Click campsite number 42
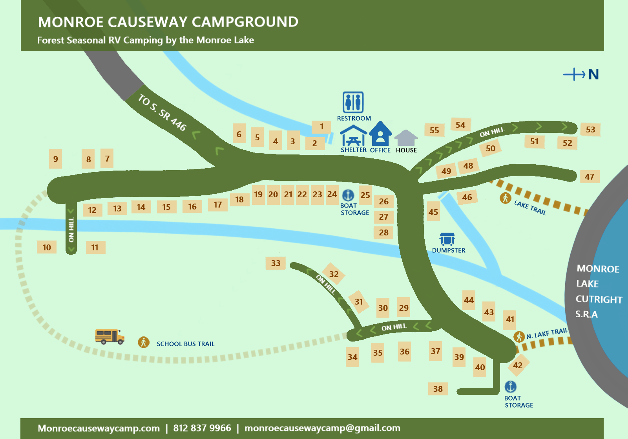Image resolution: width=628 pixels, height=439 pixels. (x=518, y=366)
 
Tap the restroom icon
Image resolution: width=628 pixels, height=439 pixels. (x=353, y=102)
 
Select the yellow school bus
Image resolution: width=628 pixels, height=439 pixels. (x=110, y=337)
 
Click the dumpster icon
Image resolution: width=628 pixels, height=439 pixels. (x=447, y=239)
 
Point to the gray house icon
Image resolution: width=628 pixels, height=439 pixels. (x=406, y=138)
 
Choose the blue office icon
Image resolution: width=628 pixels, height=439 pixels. (x=380, y=134)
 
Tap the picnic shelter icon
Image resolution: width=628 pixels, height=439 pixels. (x=353, y=136)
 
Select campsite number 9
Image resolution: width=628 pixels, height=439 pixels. (x=56, y=159)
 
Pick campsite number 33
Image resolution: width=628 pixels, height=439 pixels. (x=276, y=263)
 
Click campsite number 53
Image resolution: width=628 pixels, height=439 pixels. (x=590, y=130)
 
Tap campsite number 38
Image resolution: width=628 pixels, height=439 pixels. (x=438, y=389)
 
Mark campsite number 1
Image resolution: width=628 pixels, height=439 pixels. (x=321, y=127)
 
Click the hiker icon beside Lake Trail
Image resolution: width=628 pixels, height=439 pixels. (x=505, y=198)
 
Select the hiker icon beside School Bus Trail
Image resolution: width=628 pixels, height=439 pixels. (x=144, y=342)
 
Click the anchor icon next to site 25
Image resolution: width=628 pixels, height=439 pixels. (x=348, y=195)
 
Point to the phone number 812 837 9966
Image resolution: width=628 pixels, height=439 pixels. (x=202, y=428)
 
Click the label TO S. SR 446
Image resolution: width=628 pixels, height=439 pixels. (x=162, y=112)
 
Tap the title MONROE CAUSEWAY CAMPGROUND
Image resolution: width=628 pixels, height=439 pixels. (x=168, y=22)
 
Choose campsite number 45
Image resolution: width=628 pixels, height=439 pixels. (x=433, y=212)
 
